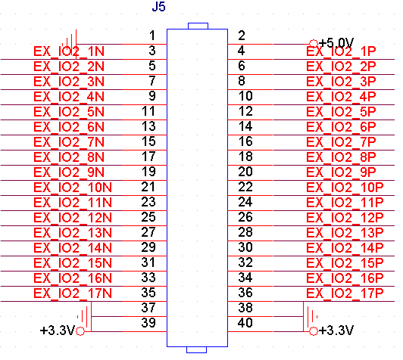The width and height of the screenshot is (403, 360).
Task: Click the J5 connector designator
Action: click(x=158, y=6)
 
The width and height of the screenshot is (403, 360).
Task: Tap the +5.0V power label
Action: click(x=336, y=43)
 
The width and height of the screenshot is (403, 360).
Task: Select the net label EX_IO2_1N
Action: click(x=69, y=51)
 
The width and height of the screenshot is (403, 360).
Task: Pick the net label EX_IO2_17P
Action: click(x=345, y=293)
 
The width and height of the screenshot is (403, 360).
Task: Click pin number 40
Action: click(x=245, y=322)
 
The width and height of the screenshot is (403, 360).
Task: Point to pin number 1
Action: click(x=152, y=36)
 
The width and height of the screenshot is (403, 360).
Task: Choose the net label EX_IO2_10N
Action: click(x=73, y=188)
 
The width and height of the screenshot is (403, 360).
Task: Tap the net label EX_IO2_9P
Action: click(x=341, y=172)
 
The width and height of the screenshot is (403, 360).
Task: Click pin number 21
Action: click(x=148, y=187)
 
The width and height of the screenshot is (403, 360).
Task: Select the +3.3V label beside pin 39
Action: click(x=58, y=331)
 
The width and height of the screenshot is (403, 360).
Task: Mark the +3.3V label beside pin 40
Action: click(x=336, y=331)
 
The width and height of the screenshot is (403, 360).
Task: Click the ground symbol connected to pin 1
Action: click(x=70, y=42)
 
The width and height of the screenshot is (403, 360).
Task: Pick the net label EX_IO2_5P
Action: click(x=341, y=112)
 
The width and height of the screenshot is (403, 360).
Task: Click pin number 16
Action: click(x=245, y=141)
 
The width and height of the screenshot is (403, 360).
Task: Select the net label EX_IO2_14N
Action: click(x=73, y=248)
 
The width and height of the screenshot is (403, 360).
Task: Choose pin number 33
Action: click(x=148, y=278)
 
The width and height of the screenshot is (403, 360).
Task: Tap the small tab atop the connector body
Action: click(x=198, y=26)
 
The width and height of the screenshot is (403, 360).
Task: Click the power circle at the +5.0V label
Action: click(x=314, y=43)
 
